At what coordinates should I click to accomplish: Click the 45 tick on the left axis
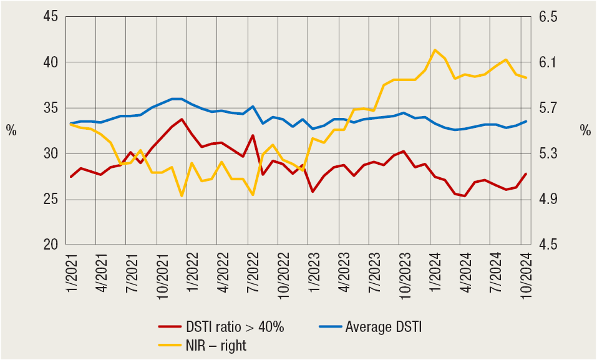(x=49, y=17)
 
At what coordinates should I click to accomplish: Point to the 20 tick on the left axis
(x=49, y=245)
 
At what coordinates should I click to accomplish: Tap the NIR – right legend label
(x=216, y=346)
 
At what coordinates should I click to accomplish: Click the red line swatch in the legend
(x=170, y=326)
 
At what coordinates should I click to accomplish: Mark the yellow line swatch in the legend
(x=170, y=346)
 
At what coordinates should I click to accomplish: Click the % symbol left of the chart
(x=11, y=130)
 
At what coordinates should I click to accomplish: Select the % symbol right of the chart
(x=585, y=130)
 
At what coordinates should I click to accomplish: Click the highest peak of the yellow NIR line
(x=435, y=50)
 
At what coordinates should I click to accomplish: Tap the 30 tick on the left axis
(x=49, y=154)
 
